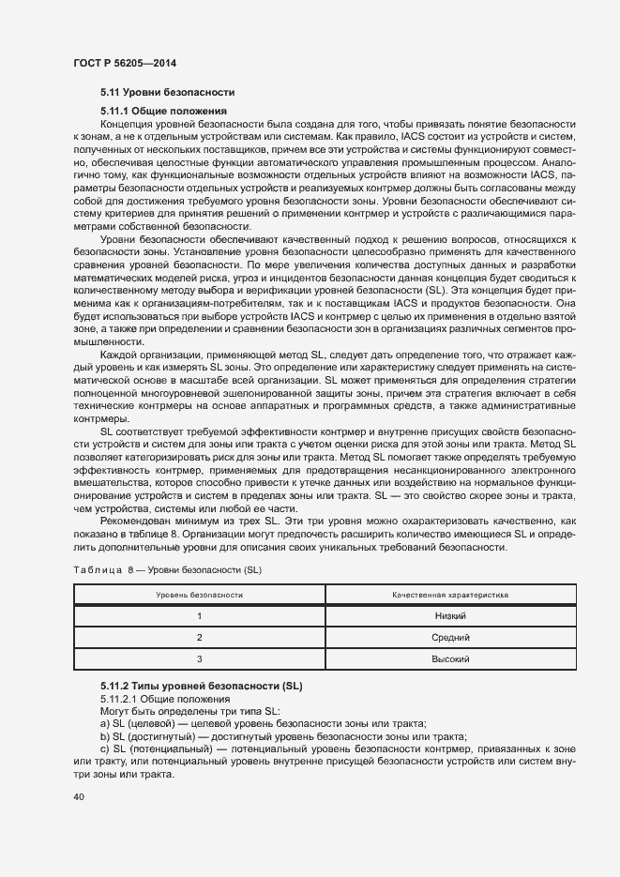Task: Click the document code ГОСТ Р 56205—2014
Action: (x=124, y=63)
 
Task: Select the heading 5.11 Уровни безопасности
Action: (x=167, y=93)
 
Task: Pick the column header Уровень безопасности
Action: (x=199, y=595)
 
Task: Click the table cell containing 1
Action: (x=199, y=615)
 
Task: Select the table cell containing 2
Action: (x=199, y=638)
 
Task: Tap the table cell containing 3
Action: (x=199, y=659)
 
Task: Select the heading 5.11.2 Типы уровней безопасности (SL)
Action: (x=202, y=688)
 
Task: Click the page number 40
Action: (x=78, y=797)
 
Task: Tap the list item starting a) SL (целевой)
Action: (x=263, y=723)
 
